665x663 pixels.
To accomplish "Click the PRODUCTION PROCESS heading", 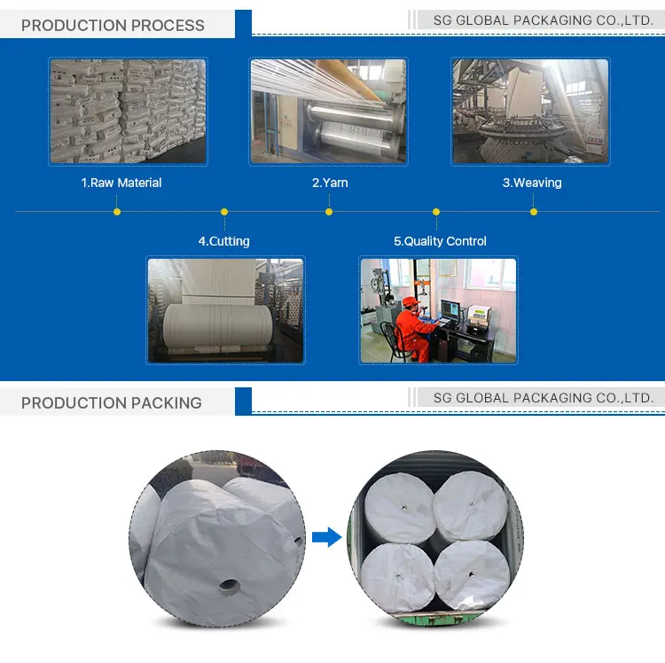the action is [113, 25].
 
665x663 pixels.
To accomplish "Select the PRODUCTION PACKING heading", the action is [112, 402].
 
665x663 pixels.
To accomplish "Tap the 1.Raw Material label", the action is [121, 183].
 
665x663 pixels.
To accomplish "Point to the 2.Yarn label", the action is [330, 183].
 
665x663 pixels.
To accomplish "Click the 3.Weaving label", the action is [532, 183].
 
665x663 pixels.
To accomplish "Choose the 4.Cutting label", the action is [223, 241].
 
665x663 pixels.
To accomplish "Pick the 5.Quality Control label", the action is [440, 241].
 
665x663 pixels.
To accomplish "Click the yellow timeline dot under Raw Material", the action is [117, 212].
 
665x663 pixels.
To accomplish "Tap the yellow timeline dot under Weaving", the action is [534, 212].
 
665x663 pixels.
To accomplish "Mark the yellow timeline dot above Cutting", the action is [224, 212].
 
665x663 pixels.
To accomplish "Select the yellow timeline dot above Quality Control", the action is [436, 212].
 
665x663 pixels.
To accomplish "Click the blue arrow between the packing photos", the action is [327, 536].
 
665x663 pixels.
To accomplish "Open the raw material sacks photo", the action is [128, 111].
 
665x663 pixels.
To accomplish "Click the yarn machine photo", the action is [328, 111].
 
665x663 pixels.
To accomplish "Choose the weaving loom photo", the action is [530, 111].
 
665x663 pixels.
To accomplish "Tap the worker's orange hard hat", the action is [409, 302].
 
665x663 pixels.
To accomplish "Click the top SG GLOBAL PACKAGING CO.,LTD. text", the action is [544, 19].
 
